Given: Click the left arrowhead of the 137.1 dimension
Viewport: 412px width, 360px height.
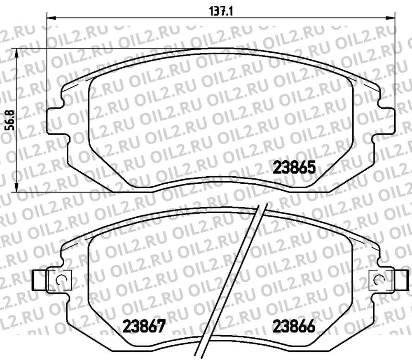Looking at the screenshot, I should [x=50, y=18].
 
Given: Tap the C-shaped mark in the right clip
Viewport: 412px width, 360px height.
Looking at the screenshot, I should [x=379, y=280].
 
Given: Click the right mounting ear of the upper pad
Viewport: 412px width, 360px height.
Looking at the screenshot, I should [x=386, y=121].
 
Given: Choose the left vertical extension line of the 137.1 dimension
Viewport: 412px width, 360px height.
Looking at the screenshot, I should [x=46, y=62].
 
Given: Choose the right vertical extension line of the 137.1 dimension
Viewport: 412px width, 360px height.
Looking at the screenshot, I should [x=396, y=62].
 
